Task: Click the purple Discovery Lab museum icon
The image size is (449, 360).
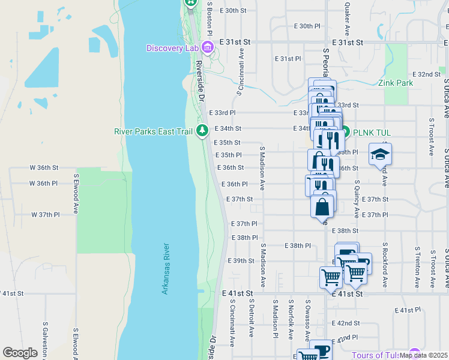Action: point(208,47)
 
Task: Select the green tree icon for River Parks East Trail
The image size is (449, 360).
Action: point(203,130)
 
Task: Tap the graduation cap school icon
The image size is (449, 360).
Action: point(380,155)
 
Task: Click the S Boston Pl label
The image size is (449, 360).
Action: point(210,18)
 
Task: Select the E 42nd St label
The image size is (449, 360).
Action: point(347,323)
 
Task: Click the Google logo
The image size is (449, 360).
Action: point(20,353)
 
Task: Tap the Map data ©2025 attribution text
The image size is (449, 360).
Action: point(423,355)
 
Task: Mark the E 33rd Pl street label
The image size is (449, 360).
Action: point(222,113)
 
